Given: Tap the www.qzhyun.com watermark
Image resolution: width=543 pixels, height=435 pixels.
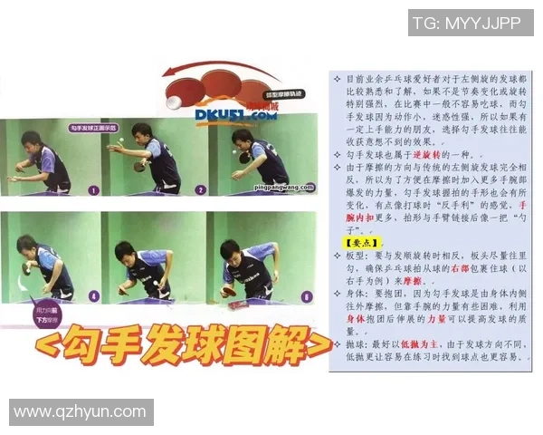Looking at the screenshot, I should (x=80, y=412).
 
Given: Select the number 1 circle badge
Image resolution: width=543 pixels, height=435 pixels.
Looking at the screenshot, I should (x=93, y=190).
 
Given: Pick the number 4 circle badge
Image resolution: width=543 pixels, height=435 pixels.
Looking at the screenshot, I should (x=93, y=295).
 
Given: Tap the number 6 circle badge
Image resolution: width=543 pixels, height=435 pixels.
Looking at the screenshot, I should (x=307, y=295).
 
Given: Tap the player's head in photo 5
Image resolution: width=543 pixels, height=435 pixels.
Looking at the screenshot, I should (x=127, y=252).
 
